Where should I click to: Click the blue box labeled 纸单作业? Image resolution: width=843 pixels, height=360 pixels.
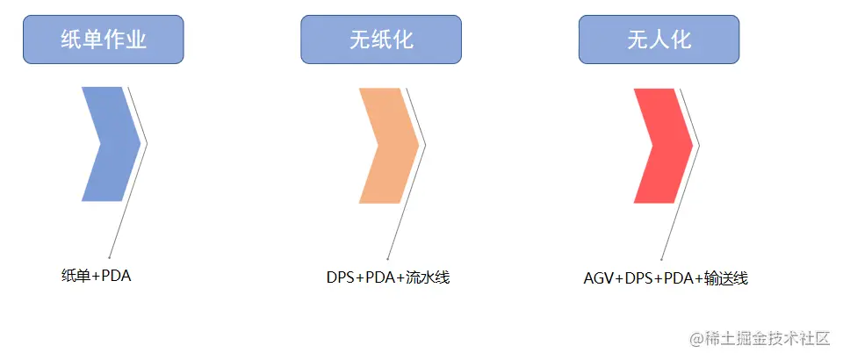(103, 40)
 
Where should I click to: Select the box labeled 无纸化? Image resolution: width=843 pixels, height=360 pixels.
(380, 40)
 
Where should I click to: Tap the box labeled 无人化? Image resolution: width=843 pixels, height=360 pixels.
(659, 40)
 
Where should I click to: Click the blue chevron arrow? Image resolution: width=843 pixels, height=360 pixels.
(108, 144)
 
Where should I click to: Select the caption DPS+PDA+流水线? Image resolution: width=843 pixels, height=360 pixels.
(388, 277)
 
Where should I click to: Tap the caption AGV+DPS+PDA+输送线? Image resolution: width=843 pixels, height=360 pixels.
(666, 278)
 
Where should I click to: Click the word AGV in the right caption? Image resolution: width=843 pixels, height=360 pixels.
(598, 278)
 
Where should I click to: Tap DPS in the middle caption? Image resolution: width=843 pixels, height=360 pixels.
(341, 277)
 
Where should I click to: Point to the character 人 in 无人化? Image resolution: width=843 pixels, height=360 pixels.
(659, 40)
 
